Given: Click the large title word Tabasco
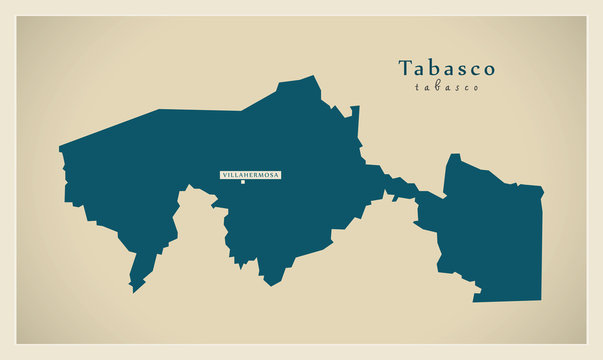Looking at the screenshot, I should point(446,68).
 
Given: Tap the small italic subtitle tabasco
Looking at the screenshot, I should point(446,87).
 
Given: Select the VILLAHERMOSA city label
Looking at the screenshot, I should point(250,175).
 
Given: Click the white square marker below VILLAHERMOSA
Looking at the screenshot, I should point(241,182).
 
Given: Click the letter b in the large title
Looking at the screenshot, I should point(433,68).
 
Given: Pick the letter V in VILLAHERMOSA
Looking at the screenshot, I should point(223,175).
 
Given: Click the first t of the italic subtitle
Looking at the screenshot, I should point(415,87).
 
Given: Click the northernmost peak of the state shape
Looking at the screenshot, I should point(312,77).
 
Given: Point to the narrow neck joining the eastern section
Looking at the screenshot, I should point(400,188).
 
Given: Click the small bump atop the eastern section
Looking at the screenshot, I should point(453,158).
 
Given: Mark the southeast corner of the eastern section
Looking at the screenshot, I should point(540,299).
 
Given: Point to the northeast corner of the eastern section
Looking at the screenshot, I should point(542,187).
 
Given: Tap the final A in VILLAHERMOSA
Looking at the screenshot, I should point(277,175).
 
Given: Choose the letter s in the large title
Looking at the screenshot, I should point(460,69).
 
